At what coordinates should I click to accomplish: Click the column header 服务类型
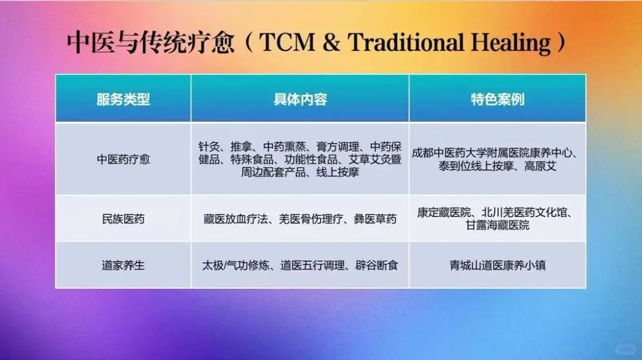pyautogui.click(x=123, y=99)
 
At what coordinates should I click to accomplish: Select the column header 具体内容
pyautogui.click(x=300, y=99)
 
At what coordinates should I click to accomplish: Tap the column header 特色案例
pyautogui.click(x=497, y=99)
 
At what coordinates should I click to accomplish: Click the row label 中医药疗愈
pyautogui.click(x=123, y=159)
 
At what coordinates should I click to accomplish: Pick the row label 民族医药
pyautogui.click(x=123, y=219)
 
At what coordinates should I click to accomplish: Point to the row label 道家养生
pyautogui.click(x=123, y=266)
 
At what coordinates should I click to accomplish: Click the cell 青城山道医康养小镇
pyautogui.click(x=498, y=266)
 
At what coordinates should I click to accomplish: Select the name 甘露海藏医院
pyautogui.click(x=498, y=226)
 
